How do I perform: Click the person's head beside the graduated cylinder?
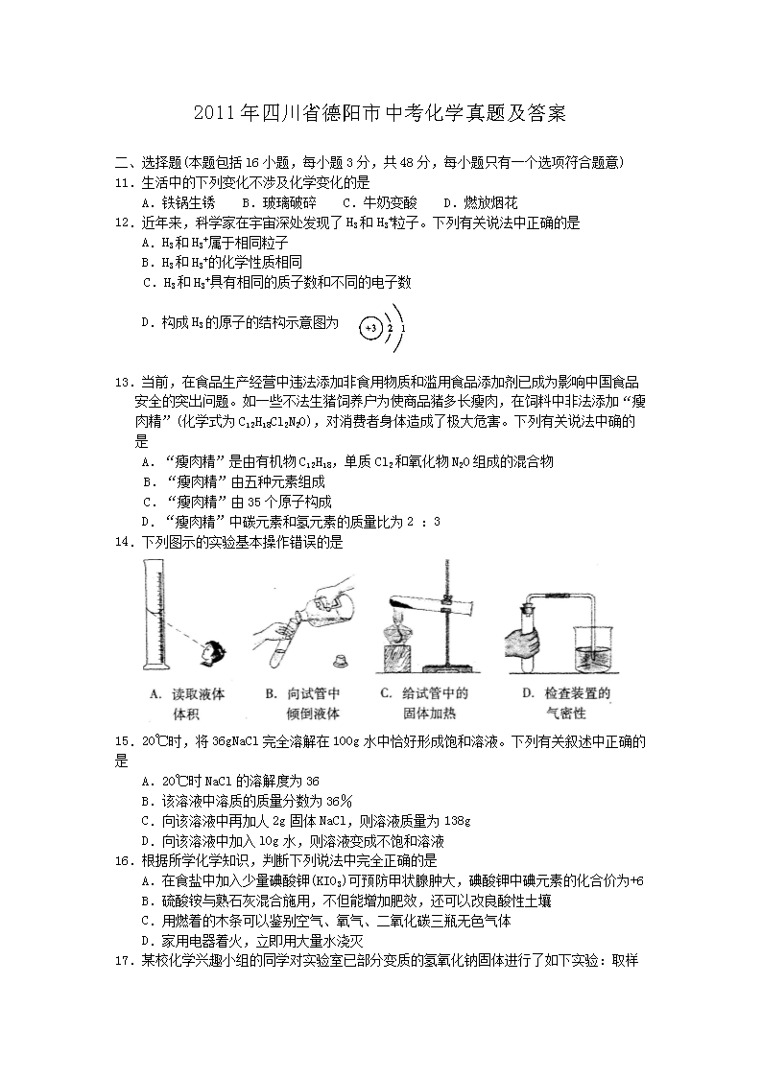(x=214, y=652)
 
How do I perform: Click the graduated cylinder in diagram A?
(x=154, y=614)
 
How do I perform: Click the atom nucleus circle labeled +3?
(x=371, y=328)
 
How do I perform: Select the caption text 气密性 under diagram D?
(x=566, y=714)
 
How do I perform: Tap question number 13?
(x=123, y=383)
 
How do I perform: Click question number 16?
(x=123, y=861)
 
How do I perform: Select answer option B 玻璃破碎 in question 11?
(x=279, y=202)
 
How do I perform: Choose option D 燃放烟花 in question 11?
(x=480, y=202)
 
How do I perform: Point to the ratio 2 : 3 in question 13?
(x=423, y=522)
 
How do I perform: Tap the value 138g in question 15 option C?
(x=456, y=822)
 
